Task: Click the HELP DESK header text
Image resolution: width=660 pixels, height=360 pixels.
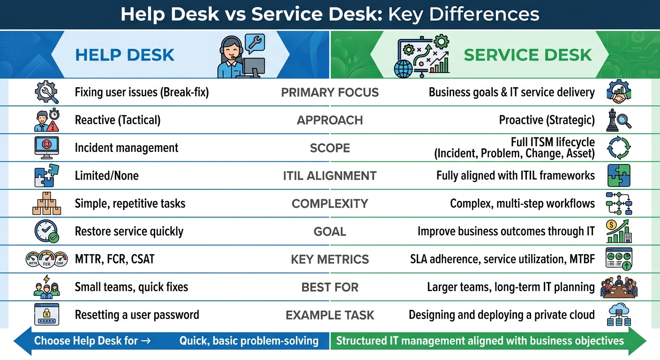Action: click(x=125, y=55)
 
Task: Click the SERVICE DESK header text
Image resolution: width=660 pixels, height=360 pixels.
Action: click(x=527, y=55)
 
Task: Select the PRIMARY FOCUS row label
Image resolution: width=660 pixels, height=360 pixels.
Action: click(x=330, y=92)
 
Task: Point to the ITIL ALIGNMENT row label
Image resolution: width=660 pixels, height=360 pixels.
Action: click(x=330, y=176)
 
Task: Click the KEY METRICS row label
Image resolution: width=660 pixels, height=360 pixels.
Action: click(x=330, y=259)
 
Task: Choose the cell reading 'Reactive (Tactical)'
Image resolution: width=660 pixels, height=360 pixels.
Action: click(x=118, y=120)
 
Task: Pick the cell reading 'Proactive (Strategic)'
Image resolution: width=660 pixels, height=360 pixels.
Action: click(x=547, y=120)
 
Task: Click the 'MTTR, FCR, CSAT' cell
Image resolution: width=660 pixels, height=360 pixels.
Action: click(x=114, y=259)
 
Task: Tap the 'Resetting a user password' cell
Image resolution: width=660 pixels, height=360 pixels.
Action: click(x=137, y=315)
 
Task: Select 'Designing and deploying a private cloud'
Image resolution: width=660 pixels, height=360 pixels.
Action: click(x=502, y=315)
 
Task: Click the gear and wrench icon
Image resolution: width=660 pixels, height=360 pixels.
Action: click(x=47, y=92)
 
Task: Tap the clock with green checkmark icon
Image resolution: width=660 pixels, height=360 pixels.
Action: click(x=46, y=232)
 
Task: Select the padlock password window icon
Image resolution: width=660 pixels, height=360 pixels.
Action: click(x=47, y=315)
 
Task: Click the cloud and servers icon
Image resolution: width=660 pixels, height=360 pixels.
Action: click(x=619, y=315)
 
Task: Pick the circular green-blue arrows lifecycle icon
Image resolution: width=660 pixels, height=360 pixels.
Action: click(x=619, y=148)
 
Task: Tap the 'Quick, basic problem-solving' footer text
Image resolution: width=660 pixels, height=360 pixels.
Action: click(x=249, y=341)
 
